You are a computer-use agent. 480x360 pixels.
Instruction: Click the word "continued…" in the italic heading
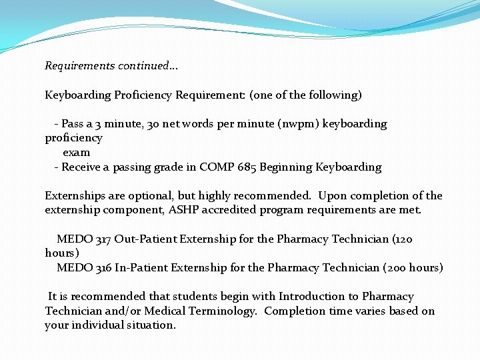pyautogui.click(x=148, y=66)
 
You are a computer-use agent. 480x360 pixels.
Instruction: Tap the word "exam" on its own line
pyautogui.click(x=76, y=153)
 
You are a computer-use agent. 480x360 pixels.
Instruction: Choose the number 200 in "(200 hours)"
pyautogui.click(x=398, y=268)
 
